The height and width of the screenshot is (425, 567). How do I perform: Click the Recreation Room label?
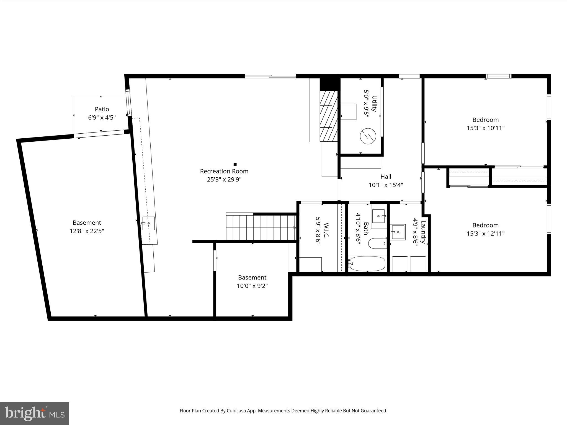tap(224, 171)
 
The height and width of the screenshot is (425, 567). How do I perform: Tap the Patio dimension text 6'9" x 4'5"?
tap(102, 118)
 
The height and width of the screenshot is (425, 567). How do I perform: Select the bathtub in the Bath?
tap(367, 263)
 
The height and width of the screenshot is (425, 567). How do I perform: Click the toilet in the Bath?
tap(377, 243)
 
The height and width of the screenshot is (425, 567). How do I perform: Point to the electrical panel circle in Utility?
tap(368, 136)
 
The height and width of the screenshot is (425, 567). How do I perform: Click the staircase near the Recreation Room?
tap(260, 228)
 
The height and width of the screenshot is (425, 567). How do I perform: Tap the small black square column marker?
tap(235, 164)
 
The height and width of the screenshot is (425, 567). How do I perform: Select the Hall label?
tap(386, 177)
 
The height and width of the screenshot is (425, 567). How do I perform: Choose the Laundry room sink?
tap(398, 232)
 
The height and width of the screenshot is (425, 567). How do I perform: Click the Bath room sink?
tap(378, 216)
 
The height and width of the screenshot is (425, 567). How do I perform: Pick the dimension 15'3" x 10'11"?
tap(485, 128)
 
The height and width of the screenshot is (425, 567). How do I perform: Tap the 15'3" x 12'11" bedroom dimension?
tap(485, 234)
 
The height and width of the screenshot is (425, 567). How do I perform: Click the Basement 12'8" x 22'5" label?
tap(87, 223)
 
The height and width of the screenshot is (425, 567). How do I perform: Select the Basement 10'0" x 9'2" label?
tap(252, 278)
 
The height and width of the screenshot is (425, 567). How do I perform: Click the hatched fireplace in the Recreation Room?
tap(329, 116)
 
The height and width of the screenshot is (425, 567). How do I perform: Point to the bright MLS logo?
tap(35, 414)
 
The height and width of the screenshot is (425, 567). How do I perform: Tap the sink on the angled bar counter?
tap(148, 223)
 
